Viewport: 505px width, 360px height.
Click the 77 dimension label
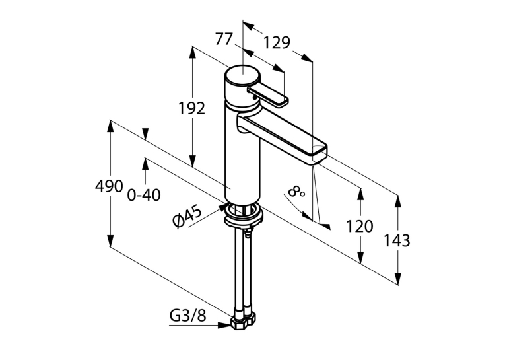tap(224, 40)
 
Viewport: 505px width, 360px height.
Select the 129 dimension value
tap(277, 42)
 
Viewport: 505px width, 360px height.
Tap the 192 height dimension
tap(191, 108)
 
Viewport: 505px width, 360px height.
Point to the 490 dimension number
tap(109, 186)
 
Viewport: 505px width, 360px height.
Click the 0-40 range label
tap(144, 195)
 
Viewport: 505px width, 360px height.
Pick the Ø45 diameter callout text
tap(187, 217)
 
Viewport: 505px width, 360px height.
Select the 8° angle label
tap(296, 192)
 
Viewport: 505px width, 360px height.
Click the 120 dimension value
tap(359, 227)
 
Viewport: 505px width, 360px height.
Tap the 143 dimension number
tap(397, 240)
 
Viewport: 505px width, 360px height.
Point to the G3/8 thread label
tap(187, 316)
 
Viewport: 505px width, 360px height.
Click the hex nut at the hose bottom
tap(244, 321)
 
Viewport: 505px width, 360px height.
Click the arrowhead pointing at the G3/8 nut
tap(224, 325)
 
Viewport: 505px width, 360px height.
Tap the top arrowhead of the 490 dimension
tap(110, 126)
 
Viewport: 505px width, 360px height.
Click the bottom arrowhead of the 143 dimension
tap(398, 279)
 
